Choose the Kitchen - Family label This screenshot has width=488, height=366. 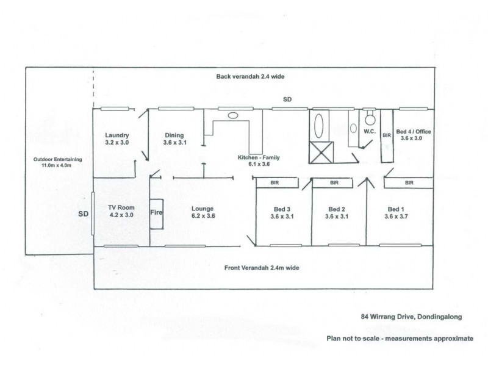coord(258,160)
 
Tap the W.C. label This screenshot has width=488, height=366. coord(368,131)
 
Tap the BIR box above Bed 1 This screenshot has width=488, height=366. coord(408,182)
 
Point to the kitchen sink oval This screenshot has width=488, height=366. coord(233,115)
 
